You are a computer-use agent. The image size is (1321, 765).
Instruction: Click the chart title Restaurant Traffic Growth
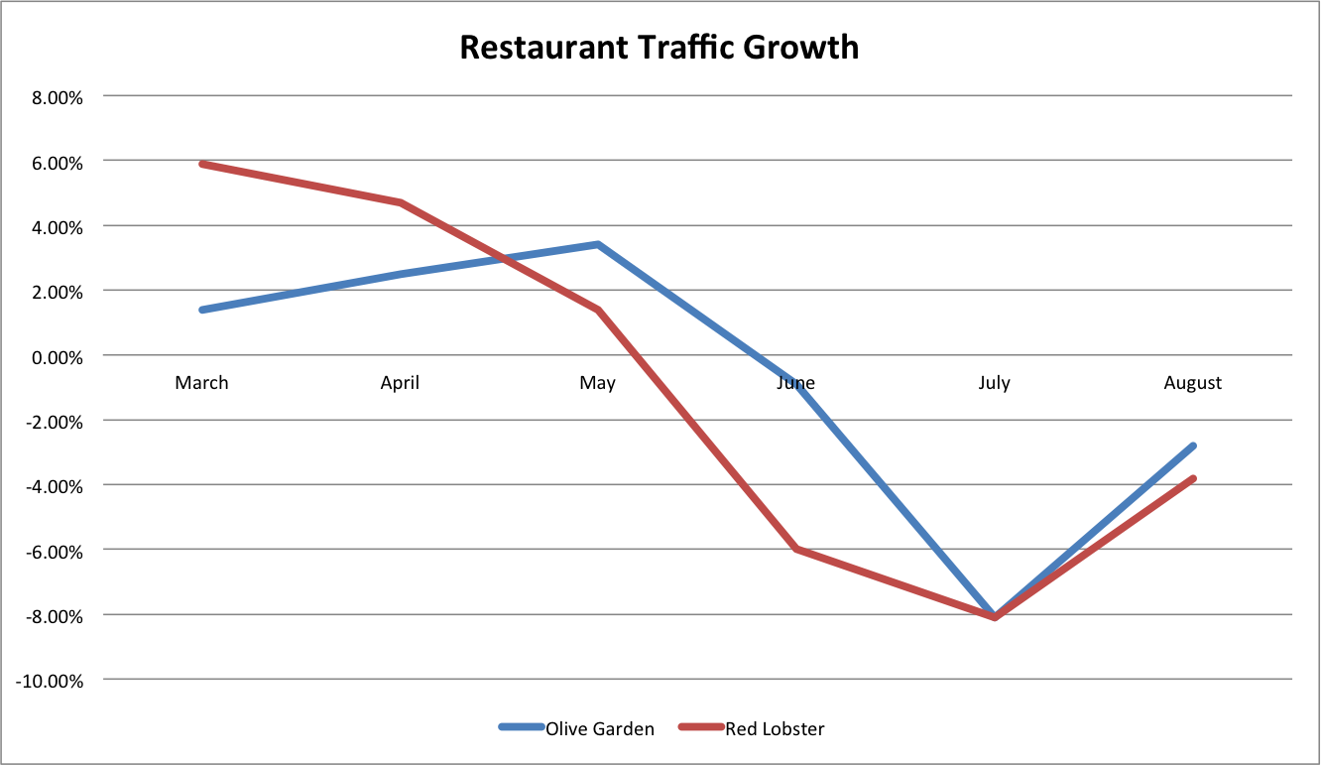click(x=660, y=47)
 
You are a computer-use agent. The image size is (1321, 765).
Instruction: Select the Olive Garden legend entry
click(x=599, y=728)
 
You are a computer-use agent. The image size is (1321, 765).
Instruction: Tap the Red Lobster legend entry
click(x=775, y=728)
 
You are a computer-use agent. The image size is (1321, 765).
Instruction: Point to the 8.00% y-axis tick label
click(x=49, y=97)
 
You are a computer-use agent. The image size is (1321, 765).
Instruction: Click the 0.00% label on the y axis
click(x=49, y=356)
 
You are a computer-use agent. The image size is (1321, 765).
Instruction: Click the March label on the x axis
click(x=201, y=383)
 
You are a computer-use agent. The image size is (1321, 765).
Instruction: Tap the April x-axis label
click(x=400, y=383)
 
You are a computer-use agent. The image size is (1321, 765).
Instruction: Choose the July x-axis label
click(x=994, y=383)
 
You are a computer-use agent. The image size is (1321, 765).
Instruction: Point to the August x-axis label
click(x=1192, y=383)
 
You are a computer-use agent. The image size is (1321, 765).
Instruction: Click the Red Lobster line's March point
click(x=202, y=164)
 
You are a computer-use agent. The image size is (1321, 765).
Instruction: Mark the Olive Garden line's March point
click(x=202, y=310)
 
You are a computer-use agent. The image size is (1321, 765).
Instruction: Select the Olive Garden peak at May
click(x=598, y=244)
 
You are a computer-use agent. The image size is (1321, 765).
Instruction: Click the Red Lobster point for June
click(x=796, y=549)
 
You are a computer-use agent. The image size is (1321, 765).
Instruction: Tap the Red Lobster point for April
click(x=401, y=202)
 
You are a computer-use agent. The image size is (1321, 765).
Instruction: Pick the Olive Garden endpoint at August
click(x=1192, y=446)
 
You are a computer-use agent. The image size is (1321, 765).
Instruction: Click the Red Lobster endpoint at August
click(x=1192, y=478)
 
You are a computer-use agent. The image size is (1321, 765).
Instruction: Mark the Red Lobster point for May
click(x=598, y=310)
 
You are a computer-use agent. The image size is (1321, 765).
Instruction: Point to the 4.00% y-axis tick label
click(x=49, y=227)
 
